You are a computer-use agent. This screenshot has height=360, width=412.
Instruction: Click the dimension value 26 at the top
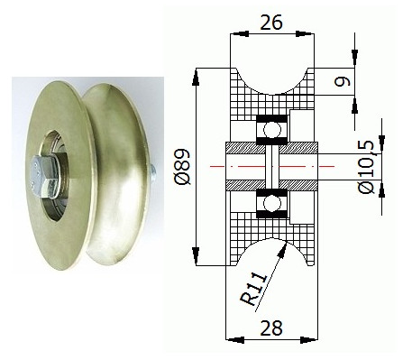(x=271, y=23)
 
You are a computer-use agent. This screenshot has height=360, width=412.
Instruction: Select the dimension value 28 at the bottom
(x=271, y=328)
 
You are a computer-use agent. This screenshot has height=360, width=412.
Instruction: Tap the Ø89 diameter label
(x=183, y=167)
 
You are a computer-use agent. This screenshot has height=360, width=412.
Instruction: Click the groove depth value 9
(x=343, y=81)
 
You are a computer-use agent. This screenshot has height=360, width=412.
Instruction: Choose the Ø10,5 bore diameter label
(x=367, y=167)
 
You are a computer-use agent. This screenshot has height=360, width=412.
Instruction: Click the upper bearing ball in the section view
(x=272, y=130)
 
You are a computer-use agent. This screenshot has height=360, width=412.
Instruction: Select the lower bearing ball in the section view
(x=272, y=203)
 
